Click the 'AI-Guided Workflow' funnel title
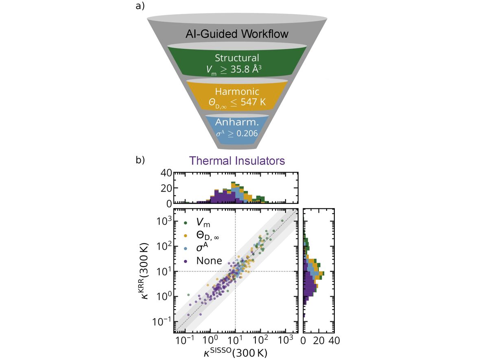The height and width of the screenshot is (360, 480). click(x=237, y=34)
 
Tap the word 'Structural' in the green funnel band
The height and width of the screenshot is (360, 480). click(x=237, y=58)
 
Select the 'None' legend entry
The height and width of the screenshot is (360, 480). click(x=209, y=261)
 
